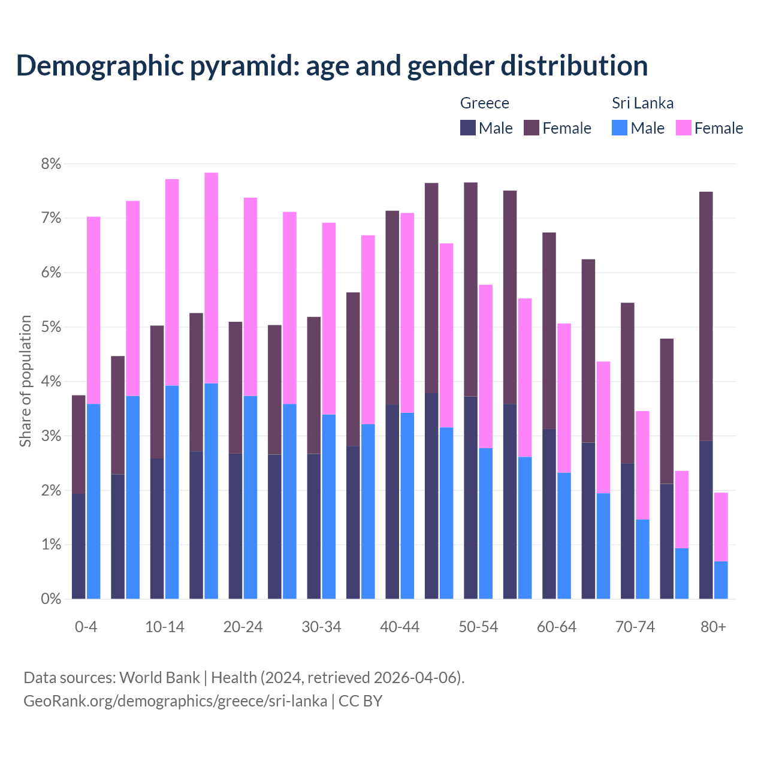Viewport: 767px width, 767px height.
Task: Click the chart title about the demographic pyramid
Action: [331, 66]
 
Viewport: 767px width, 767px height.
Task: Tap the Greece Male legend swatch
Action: [468, 128]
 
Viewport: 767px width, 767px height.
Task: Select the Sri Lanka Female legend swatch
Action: [683, 128]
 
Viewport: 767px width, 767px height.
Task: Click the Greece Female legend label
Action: [566, 128]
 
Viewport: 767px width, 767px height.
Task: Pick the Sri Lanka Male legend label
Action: [647, 128]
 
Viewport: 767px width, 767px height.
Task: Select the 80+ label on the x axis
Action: [713, 627]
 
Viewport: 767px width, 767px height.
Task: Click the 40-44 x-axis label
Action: [400, 627]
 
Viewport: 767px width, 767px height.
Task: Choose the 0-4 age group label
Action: [86, 627]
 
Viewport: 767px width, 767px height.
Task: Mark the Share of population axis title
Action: [25, 381]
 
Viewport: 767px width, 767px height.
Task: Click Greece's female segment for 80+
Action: [706, 316]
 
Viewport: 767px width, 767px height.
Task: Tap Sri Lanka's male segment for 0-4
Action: [93, 501]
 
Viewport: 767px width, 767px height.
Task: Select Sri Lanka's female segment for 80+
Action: [721, 527]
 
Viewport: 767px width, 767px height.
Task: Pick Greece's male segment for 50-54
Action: [470, 497]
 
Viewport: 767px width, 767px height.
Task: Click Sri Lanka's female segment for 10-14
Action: [172, 282]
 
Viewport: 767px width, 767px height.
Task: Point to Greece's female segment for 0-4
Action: [78, 444]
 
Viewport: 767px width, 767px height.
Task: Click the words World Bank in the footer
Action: [159, 678]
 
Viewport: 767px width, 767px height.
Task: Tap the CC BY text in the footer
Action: [360, 701]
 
